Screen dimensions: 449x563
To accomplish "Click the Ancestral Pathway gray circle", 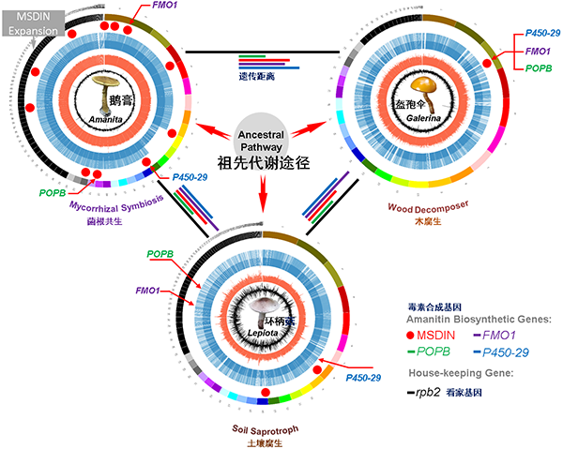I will tap(265, 135).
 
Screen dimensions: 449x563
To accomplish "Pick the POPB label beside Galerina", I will tap(537, 68).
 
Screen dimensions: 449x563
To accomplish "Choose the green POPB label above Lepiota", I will tap(160, 255).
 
